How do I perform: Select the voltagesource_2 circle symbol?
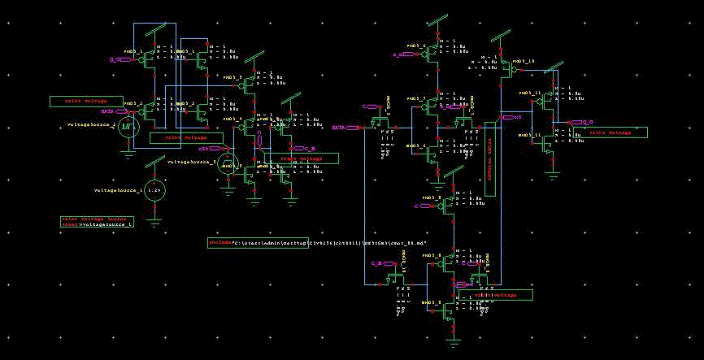point(127,126)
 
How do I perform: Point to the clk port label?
point(204,149)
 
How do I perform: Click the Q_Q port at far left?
point(115,59)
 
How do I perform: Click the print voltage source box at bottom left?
point(97,221)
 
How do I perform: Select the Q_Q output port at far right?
point(577,122)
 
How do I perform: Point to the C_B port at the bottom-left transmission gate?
point(376,263)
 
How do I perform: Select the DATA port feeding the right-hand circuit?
point(340,128)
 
